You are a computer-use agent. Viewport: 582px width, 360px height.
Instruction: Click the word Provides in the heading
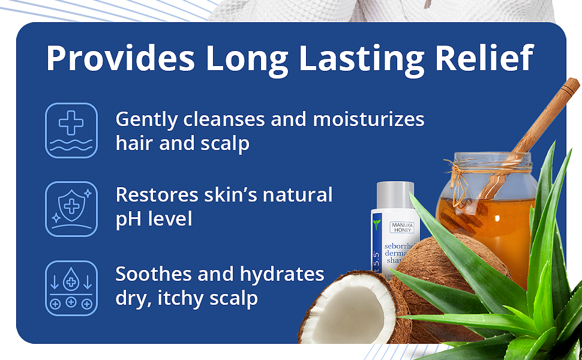[120, 58]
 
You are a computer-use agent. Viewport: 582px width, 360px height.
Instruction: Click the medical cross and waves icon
[71, 130]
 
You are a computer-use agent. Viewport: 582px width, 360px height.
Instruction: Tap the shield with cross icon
[71, 209]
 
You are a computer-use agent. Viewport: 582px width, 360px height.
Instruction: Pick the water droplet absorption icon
[71, 288]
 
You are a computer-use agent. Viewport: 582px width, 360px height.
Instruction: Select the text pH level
[154, 219]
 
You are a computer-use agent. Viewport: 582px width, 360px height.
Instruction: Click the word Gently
[146, 119]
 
